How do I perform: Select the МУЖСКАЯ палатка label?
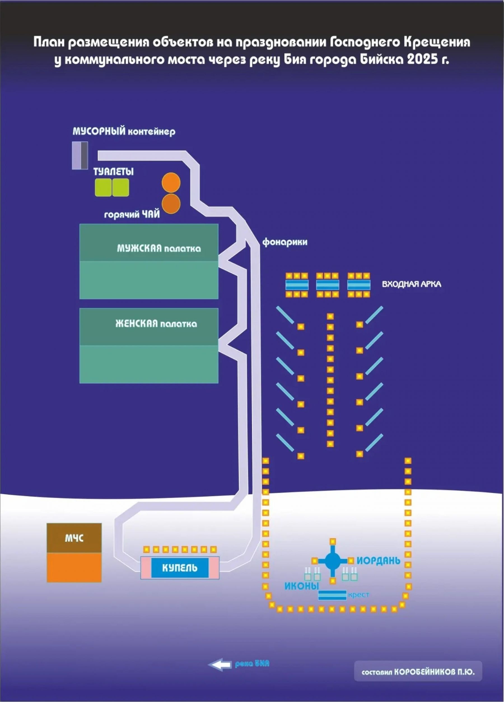[x=159, y=249]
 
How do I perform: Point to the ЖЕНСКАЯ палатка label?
[x=156, y=324]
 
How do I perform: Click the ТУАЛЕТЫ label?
[x=113, y=172]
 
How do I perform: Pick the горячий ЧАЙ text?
[x=132, y=214]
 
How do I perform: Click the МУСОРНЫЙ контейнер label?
[x=124, y=131]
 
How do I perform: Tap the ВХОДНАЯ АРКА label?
[x=411, y=284]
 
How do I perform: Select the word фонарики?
[x=285, y=242]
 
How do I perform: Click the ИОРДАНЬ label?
[x=379, y=560]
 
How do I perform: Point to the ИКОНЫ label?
[x=301, y=586]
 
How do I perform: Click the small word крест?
[x=358, y=595]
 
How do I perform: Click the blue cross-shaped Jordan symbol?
[x=332, y=560]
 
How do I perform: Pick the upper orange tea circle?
[x=171, y=183]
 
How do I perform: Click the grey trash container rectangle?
[x=80, y=155]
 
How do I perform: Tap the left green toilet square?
[x=103, y=187]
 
